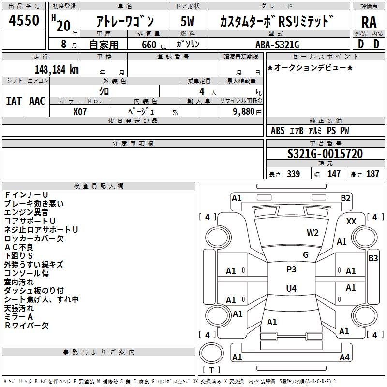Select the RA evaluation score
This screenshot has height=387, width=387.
tap(369, 22)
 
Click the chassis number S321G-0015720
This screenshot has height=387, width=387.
tap(325, 154)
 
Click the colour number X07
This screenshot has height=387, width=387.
tap(80, 111)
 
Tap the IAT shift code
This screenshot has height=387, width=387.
tap(14, 101)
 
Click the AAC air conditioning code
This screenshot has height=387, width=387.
tap(37, 101)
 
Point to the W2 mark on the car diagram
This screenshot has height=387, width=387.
tap(313, 232)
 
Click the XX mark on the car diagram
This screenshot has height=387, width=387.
tap(352, 221)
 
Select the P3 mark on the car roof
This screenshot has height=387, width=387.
tap(291, 269)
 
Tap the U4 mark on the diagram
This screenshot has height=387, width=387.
tap(291, 289)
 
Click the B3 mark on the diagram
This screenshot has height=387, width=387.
tap(373, 258)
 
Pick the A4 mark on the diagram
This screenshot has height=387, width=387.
tap(344, 357)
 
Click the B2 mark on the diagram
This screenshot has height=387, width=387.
tap(345, 198)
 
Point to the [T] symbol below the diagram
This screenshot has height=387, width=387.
tap(211, 371)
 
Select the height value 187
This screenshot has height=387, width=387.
tap(372, 174)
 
